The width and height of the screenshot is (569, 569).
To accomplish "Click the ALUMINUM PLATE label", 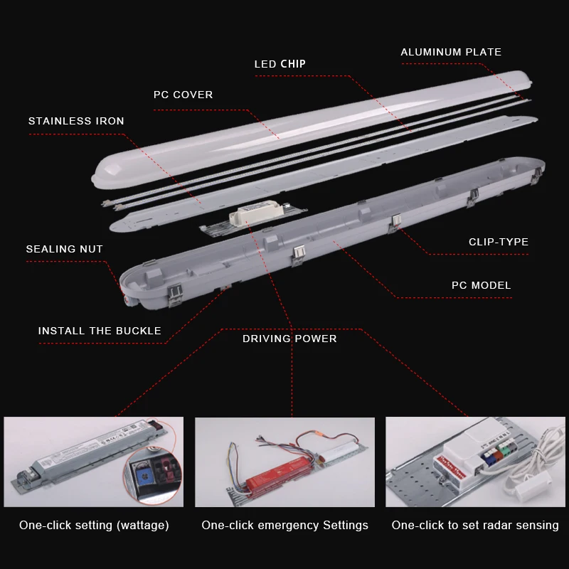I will click(451, 52).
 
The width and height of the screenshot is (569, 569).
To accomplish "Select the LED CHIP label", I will click(280, 64).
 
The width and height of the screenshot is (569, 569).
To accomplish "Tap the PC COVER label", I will click(183, 95).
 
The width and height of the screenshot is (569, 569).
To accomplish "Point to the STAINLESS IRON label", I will click(76, 121).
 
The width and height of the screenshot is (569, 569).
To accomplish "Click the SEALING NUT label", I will click(64, 249).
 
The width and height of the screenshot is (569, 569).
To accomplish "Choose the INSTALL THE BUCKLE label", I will click(100, 331).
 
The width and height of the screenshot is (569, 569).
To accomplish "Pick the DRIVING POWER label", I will click(289, 339).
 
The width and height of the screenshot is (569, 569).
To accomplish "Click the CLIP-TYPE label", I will click(498, 242).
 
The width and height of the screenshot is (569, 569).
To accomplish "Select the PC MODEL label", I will click(481, 285).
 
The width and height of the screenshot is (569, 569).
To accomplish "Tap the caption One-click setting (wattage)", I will click(94, 526).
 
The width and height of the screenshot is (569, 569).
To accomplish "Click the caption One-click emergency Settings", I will click(284, 526).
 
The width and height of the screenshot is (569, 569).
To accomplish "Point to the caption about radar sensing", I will click(475, 526).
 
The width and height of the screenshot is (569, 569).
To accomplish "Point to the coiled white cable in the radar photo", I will click(544, 462).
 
